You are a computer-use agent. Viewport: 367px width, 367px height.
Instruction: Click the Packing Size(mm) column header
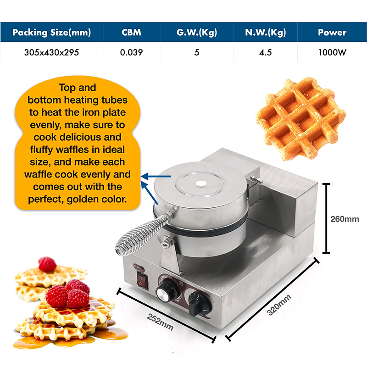coord(51,33)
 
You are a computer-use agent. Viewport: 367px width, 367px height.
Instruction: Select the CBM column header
coord(131,33)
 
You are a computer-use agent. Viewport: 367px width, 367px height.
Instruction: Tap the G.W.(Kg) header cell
coord(196,33)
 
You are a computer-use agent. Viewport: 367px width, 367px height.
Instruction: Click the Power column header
coord(332,33)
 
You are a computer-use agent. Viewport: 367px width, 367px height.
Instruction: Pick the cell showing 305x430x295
coord(51,52)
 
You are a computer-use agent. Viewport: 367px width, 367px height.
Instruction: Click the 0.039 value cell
coord(131,52)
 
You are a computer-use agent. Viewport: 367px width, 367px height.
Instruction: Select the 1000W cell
coord(332,52)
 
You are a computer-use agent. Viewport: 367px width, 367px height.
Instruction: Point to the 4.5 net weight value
coord(265,52)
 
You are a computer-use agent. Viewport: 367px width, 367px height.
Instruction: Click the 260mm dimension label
coord(345,219)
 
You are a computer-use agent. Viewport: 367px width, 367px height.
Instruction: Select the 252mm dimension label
coord(160,321)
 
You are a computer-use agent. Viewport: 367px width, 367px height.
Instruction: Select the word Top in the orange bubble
coord(68,88)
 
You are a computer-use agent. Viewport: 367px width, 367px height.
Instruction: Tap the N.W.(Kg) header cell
coord(265,33)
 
